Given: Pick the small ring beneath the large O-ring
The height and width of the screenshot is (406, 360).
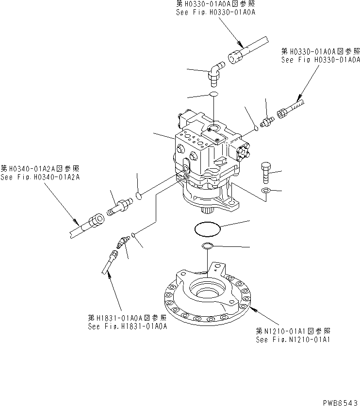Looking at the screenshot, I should [x=207, y=245].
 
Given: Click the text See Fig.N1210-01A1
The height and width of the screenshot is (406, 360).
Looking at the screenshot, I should [x=293, y=340].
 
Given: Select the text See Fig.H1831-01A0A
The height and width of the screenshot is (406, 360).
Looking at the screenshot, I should [x=127, y=326].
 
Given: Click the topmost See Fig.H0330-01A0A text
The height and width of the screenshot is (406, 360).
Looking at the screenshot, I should [x=215, y=13].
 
